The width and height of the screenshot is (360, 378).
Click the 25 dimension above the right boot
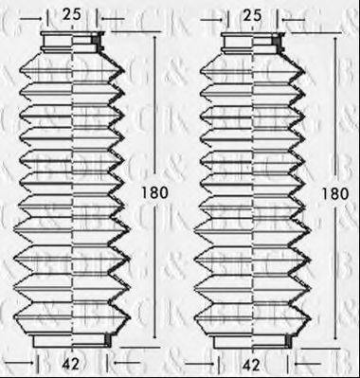click(251, 14)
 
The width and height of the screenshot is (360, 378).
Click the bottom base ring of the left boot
click(72, 339)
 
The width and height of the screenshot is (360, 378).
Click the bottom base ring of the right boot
click(252, 339)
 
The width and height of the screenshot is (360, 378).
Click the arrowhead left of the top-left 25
click(48, 14)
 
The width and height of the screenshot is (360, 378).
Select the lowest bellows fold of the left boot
click(72, 315)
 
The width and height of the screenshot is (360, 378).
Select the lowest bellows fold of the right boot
click(252, 315)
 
